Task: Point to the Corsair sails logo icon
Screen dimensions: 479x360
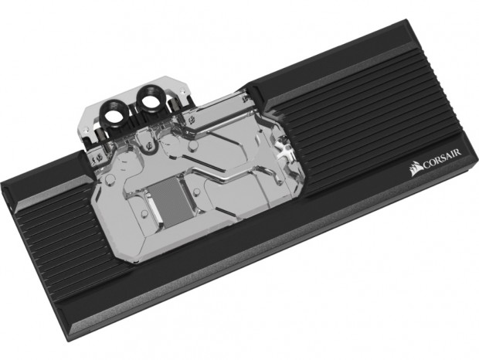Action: pyautogui.click(x=416, y=169)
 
